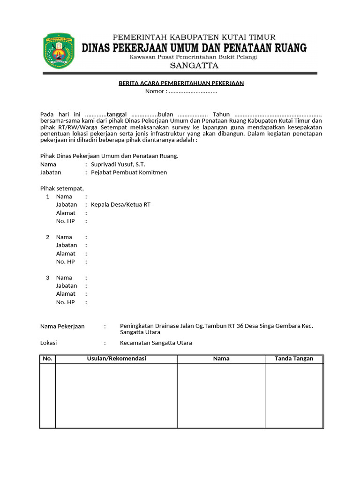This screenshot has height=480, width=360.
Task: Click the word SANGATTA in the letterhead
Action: pos(194,66)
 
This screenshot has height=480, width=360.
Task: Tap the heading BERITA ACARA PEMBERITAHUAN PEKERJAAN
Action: pos(181,83)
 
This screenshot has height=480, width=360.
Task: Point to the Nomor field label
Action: pos(156,91)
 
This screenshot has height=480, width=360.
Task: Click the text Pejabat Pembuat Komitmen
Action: pos(129,172)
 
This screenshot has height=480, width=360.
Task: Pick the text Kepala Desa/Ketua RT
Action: pos(121,205)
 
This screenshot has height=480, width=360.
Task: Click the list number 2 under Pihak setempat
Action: pos(47,237)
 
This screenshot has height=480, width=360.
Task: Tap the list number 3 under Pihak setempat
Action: pos(47,277)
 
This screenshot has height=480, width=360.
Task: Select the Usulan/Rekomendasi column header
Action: pos(116,359)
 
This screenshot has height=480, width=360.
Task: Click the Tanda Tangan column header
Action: pos(294,359)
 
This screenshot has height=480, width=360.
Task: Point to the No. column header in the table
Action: pos(47,359)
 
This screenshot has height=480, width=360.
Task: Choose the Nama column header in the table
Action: pos(221,359)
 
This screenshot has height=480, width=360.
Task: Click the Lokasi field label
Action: pos(49,343)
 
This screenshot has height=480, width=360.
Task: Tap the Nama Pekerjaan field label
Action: pos(62,326)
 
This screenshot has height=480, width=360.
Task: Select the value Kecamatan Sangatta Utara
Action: pos(156,343)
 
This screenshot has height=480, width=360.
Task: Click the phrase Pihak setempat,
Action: pos(62,188)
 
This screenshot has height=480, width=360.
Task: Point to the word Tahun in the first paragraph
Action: pos(221,114)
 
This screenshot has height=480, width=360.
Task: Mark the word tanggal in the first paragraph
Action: pos(117,114)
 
